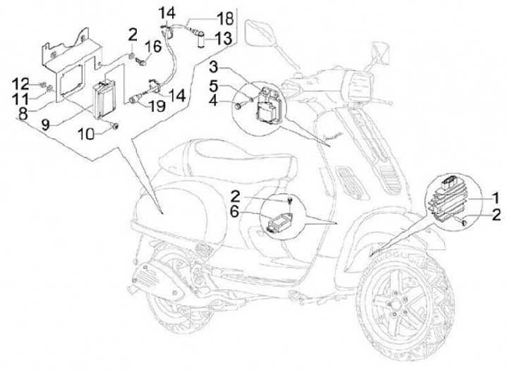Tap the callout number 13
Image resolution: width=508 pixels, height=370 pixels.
pyautogui.click(x=222, y=38)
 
